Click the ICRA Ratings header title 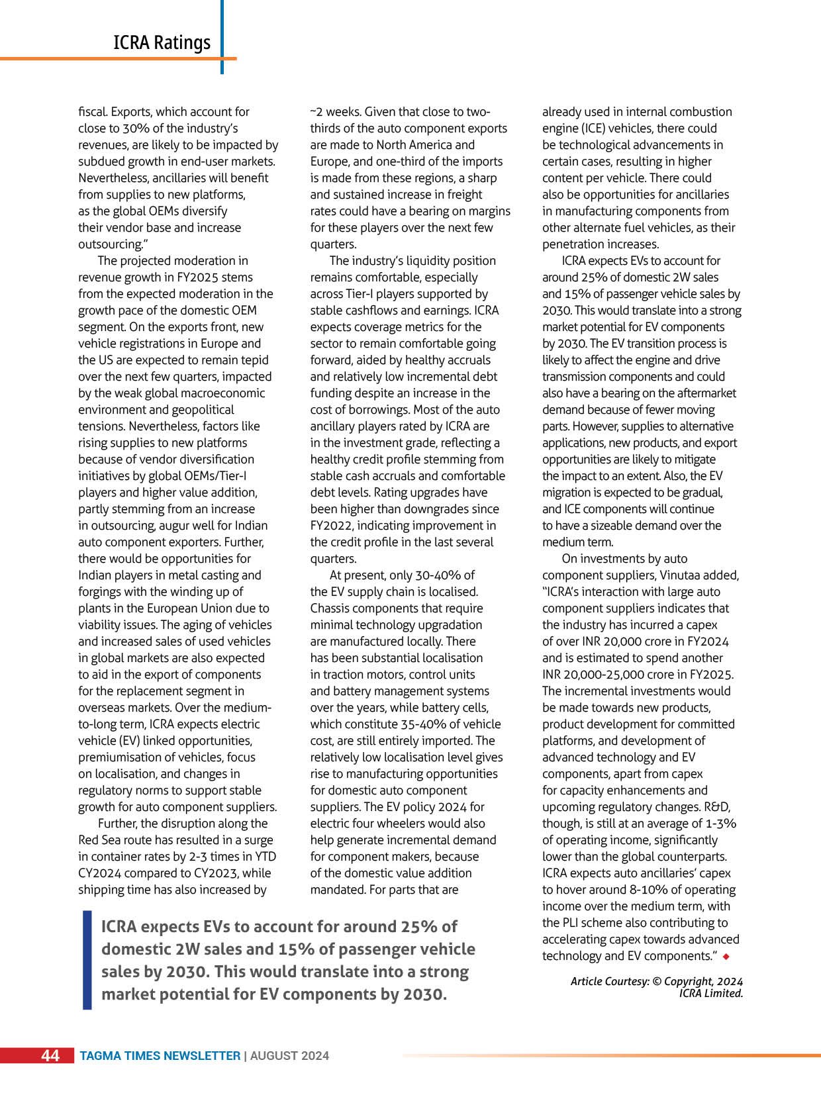pyautogui.click(x=162, y=42)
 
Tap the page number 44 pyautogui.click(x=50, y=1055)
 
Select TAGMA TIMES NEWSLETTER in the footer pyautogui.click(x=160, y=1056)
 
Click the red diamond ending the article pyautogui.click(x=726, y=956)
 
